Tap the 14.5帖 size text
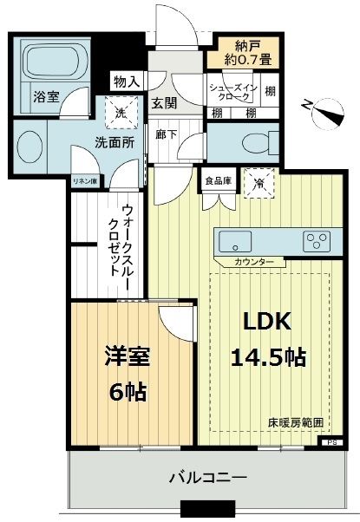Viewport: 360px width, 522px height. tap(266, 356)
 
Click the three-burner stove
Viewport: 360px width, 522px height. tap(316, 240)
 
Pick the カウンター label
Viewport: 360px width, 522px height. tap(254, 262)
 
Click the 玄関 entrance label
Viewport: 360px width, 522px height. tap(164, 101)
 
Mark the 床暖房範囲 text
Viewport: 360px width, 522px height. tap(295, 423)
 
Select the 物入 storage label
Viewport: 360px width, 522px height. tap(127, 82)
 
